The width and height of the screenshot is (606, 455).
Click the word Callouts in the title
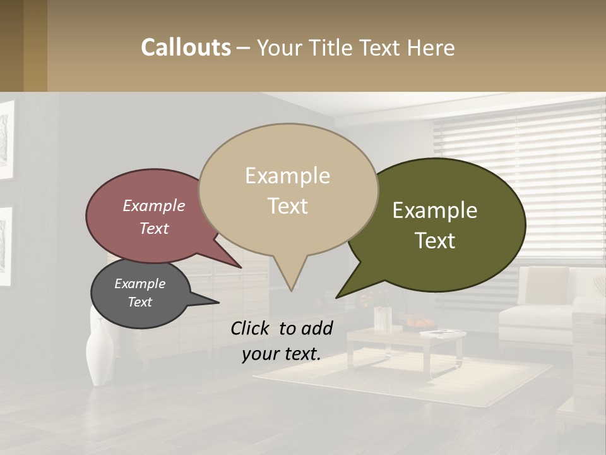(x=186, y=47)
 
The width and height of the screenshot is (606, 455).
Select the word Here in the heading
(x=431, y=48)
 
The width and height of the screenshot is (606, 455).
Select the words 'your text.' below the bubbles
(x=282, y=354)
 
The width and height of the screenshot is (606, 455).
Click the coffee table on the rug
(x=404, y=344)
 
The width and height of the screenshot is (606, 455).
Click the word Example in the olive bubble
(x=435, y=210)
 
